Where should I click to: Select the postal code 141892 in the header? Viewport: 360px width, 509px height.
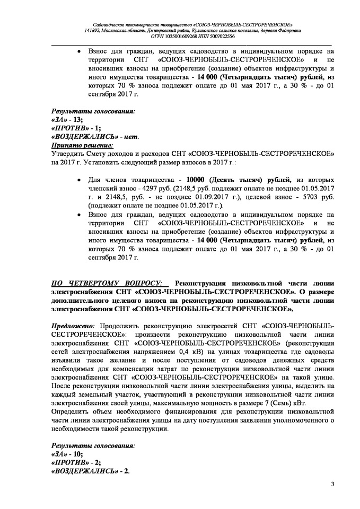93,31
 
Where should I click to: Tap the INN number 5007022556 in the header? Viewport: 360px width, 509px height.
219,37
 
